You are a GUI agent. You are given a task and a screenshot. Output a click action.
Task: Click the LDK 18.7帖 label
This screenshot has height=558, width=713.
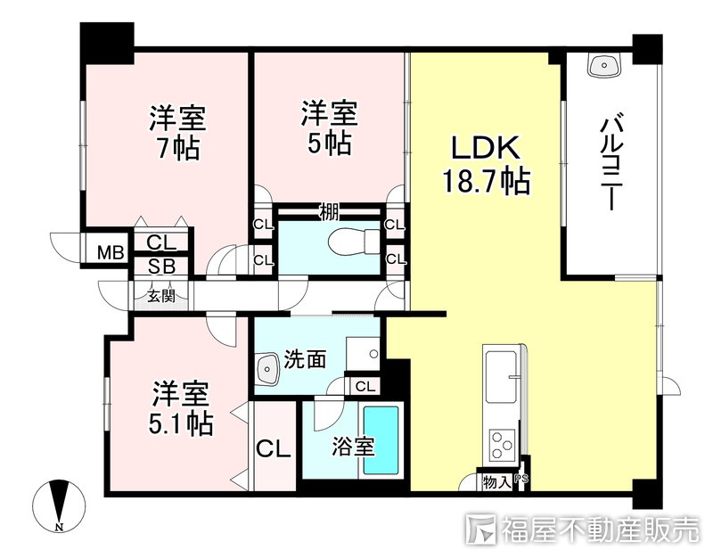pyautogui.click(x=487, y=165)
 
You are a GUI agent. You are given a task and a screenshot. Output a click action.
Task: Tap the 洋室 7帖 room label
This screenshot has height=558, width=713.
pyautogui.click(x=176, y=132)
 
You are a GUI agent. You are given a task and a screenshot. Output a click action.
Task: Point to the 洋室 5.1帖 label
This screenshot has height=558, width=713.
pyautogui.click(x=181, y=407)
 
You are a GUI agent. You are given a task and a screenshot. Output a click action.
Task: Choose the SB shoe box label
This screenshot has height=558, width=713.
pyautogui.click(x=160, y=266)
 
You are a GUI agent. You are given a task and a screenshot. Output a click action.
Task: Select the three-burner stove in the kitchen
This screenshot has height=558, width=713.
pyautogui.click(x=502, y=442)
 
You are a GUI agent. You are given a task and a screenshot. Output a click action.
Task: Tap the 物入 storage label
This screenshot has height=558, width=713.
pyautogui.click(x=496, y=482)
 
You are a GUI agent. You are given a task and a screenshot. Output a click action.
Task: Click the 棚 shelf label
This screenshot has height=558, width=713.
pyautogui.click(x=329, y=212)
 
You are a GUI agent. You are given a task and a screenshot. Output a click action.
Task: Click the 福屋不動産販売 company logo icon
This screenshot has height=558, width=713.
pyautogui.click(x=481, y=529)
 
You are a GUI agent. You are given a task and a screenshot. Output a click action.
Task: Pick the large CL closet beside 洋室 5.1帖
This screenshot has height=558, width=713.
pyautogui.click(x=274, y=447)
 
